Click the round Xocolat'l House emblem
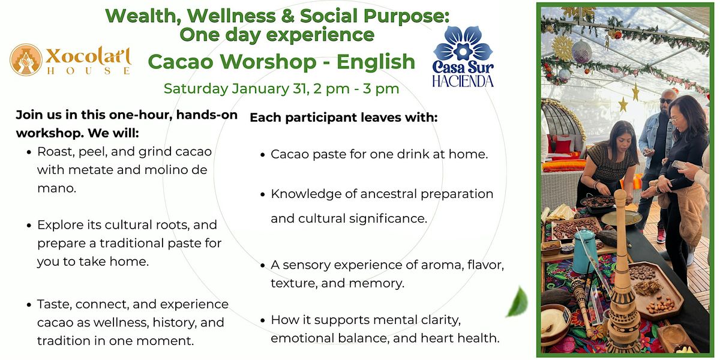pyautogui.click(x=26, y=60)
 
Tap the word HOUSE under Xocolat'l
pyautogui.click(x=89, y=71)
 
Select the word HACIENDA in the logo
pyautogui.click(x=463, y=82)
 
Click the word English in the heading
pyautogui.click(x=376, y=62)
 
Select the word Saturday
pyautogui.click(x=196, y=89)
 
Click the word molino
pyautogui.click(x=164, y=170)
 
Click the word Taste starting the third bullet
pyautogui.click(x=55, y=304)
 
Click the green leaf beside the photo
pyautogui.click(x=517, y=302)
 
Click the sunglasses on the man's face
pyautogui.click(x=665, y=101)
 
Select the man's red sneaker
pyautogui.click(x=661, y=236)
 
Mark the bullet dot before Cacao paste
pyautogui.click(x=263, y=155)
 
